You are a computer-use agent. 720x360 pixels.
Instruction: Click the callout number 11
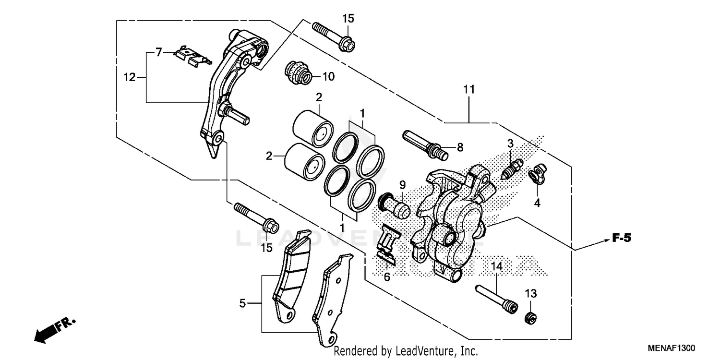tap(468, 89)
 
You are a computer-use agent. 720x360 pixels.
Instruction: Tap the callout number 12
tap(130, 77)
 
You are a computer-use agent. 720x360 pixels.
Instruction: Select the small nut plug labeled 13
tap(530, 316)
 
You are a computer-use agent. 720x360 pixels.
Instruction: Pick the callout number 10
tap(328, 76)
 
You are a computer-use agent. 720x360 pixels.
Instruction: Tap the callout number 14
tap(496, 267)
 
